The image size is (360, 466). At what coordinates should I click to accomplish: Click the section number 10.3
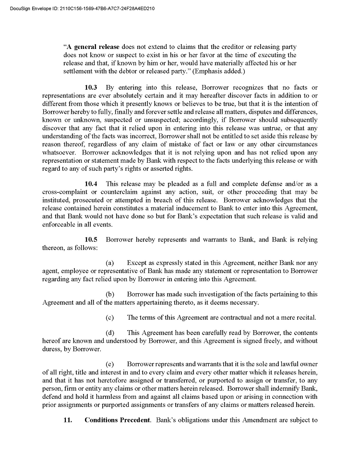point(91,87)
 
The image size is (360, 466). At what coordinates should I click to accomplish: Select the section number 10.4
point(91,184)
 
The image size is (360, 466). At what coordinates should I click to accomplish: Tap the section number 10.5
point(91,239)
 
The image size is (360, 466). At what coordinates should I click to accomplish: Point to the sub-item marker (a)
point(109,263)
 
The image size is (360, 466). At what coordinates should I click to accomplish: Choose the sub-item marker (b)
point(109,294)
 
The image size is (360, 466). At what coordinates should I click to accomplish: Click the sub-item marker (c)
point(109,317)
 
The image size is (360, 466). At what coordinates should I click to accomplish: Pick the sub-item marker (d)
point(109,333)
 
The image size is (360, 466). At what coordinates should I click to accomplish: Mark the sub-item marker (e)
point(109,364)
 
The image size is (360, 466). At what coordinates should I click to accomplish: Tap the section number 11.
point(68,420)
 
